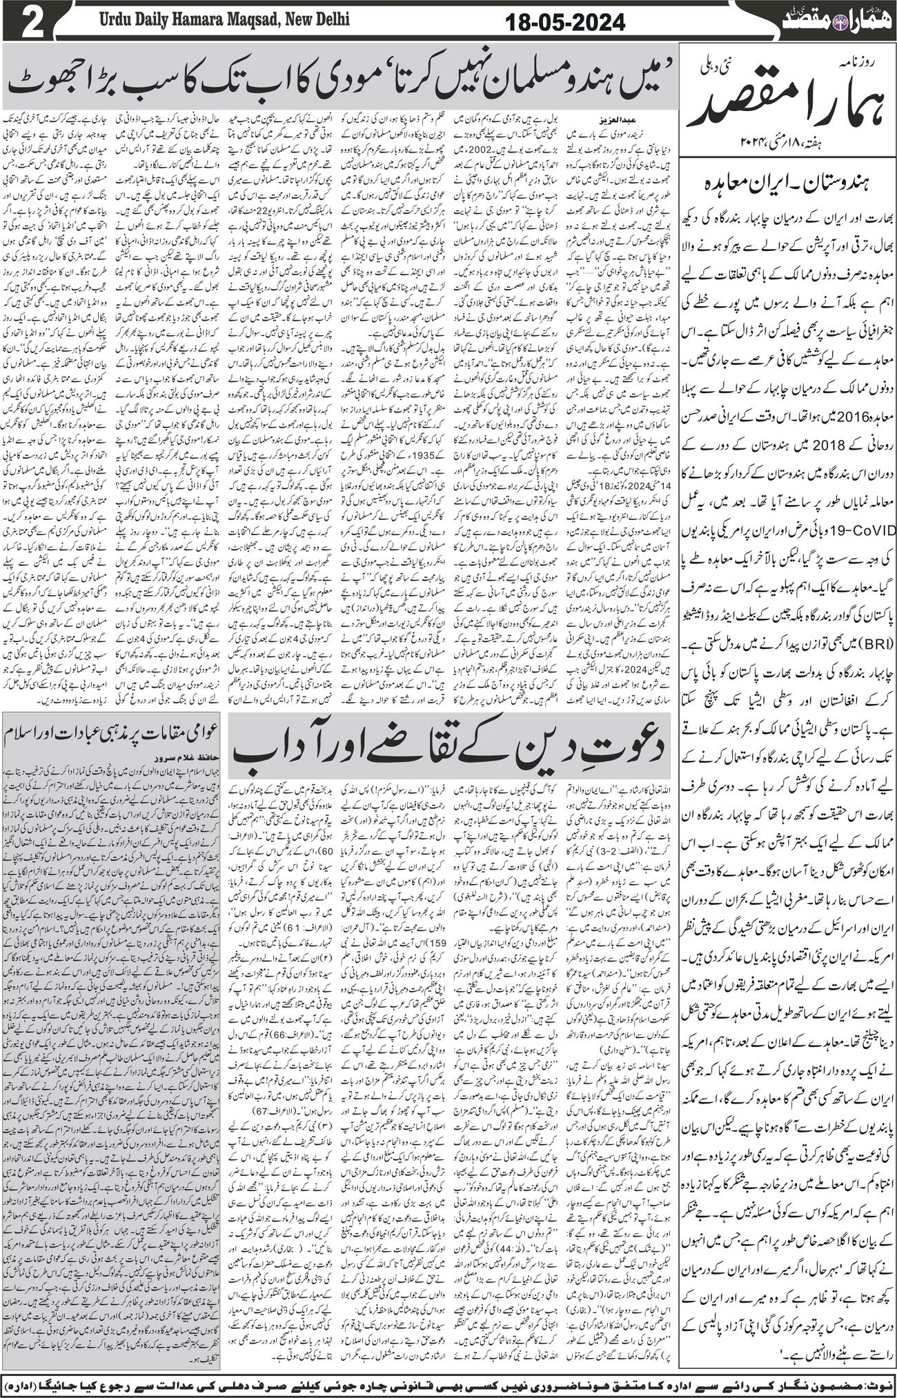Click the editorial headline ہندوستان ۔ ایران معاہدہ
[786, 184]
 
